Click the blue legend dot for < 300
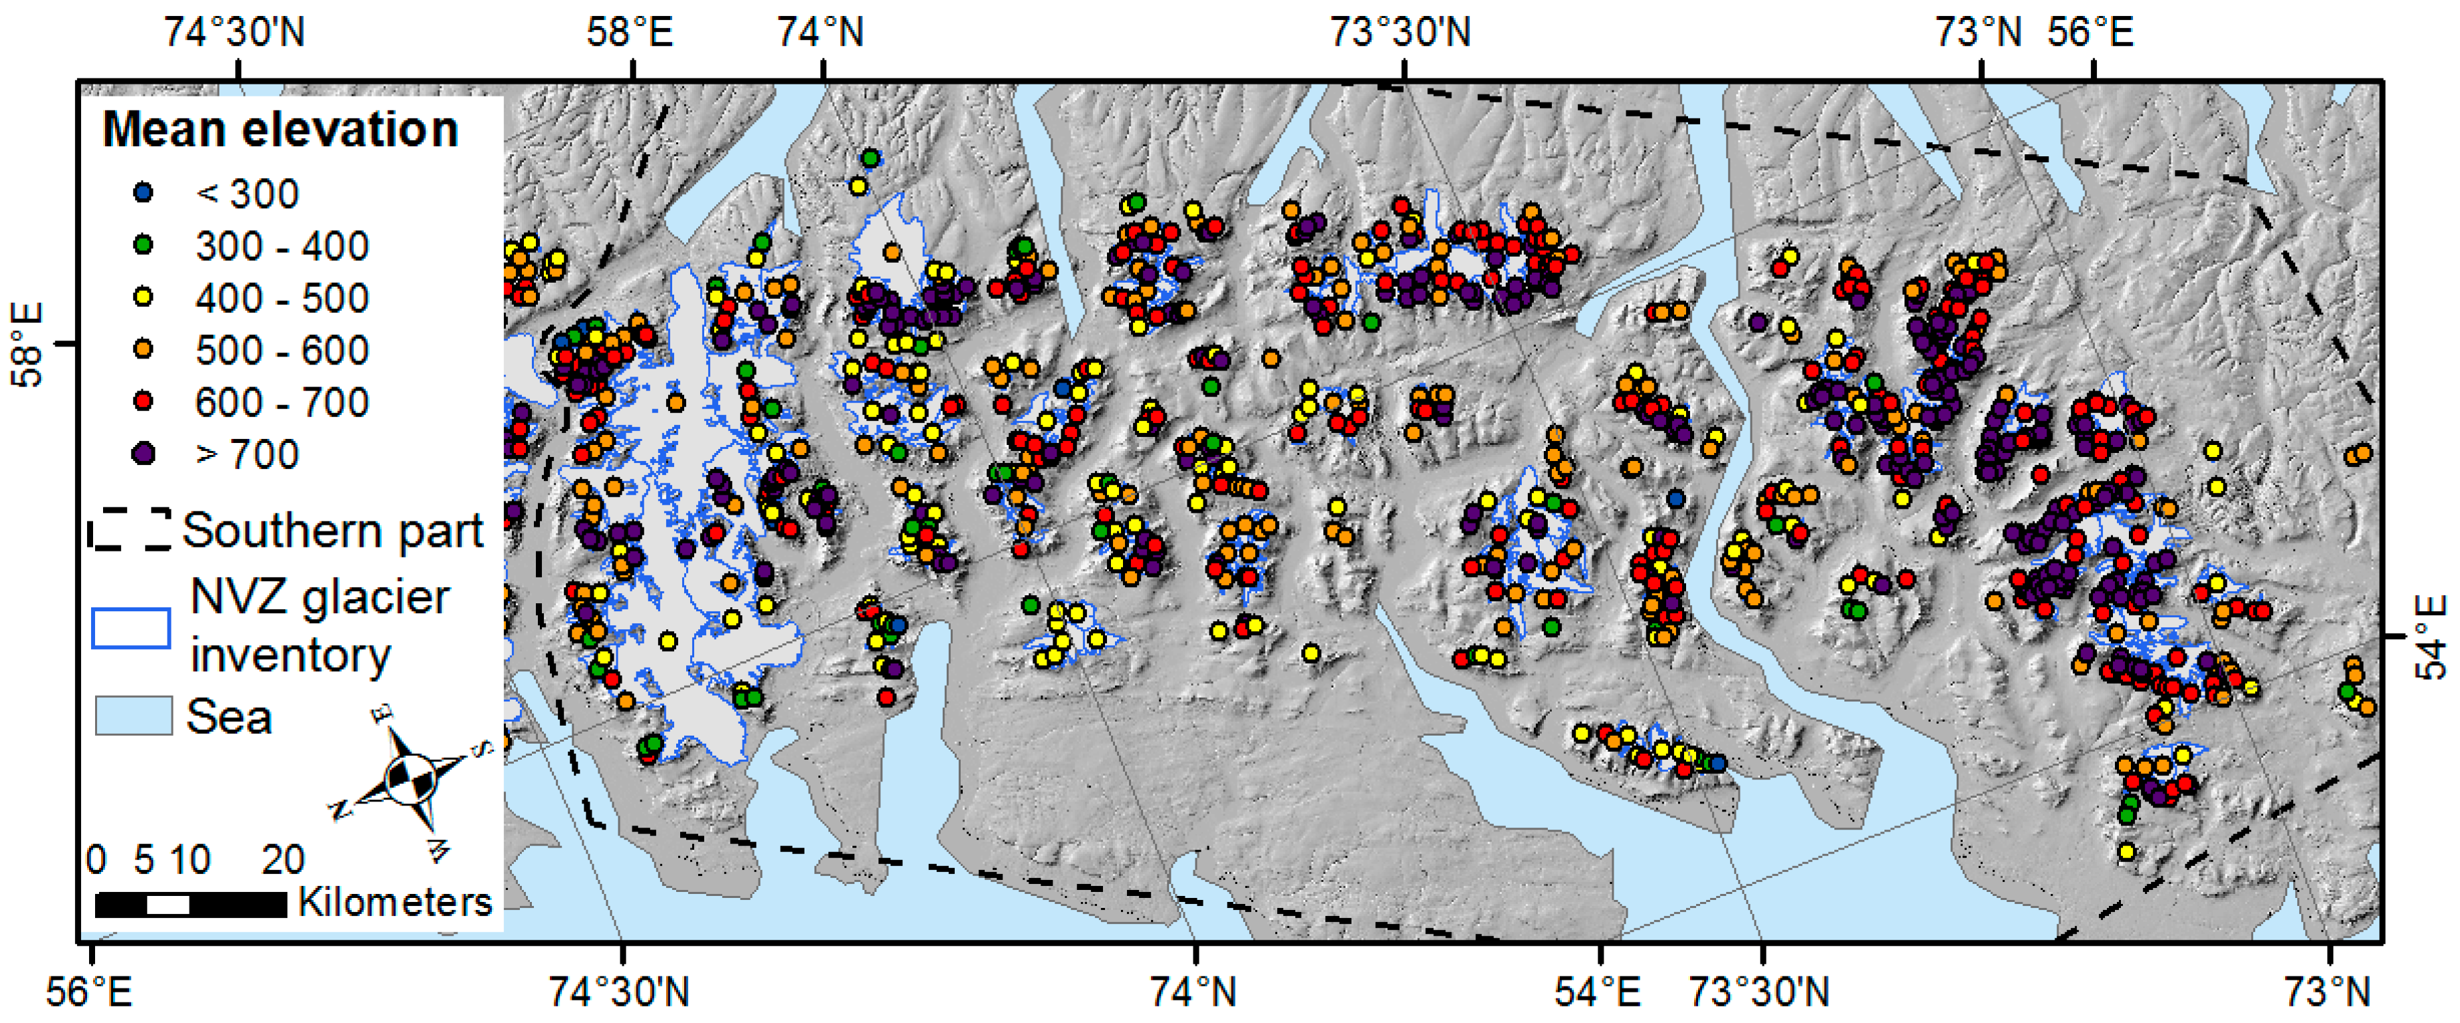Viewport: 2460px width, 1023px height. pyautogui.click(x=143, y=193)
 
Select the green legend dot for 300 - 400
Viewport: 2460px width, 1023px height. pyautogui.click(x=143, y=245)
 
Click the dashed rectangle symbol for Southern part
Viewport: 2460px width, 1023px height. pyautogui.click(x=130, y=529)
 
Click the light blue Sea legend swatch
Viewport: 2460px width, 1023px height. pyautogui.click(x=133, y=716)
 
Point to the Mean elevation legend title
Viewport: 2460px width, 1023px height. pyautogui.click(x=280, y=129)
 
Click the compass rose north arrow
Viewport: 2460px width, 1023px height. pyautogui.click(x=412, y=778)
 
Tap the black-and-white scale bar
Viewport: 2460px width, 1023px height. pyautogui.click(x=191, y=903)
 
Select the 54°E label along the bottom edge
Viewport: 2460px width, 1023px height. pyautogui.click(x=1597, y=992)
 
